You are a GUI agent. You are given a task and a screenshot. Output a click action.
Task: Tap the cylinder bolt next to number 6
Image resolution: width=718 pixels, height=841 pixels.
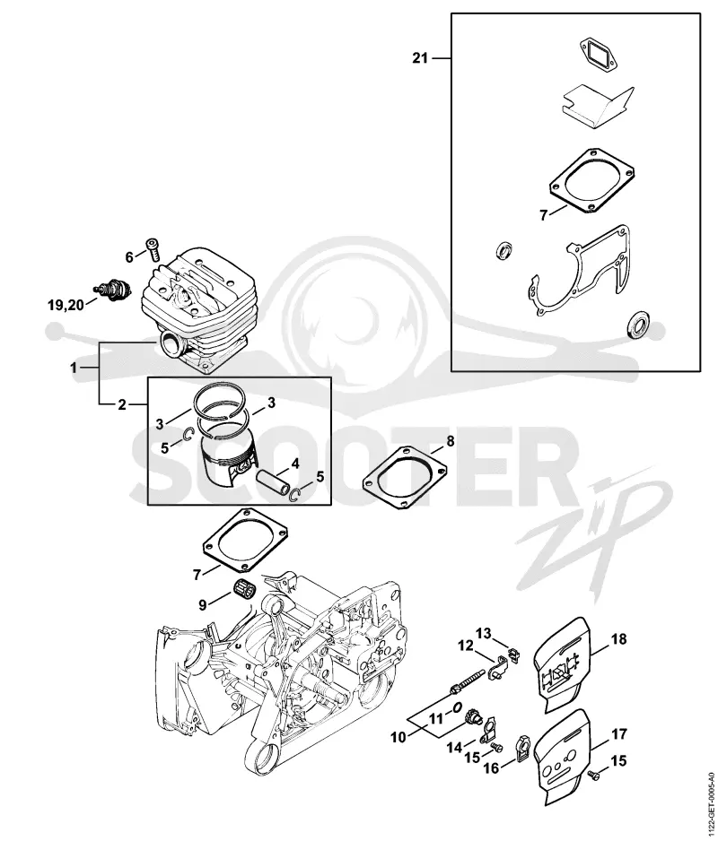tap(152, 249)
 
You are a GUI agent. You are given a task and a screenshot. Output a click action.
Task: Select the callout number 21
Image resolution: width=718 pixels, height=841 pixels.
tap(420, 57)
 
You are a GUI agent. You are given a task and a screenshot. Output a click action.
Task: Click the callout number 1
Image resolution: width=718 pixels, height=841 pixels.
tap(74, 368)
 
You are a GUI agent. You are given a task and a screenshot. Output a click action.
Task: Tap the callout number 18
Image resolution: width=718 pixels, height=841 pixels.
tap(618, 638)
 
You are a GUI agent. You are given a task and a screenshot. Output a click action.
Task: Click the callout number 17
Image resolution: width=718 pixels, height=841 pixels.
tap(618, 733)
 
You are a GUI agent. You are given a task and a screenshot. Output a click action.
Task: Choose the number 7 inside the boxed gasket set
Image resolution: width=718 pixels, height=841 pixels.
tap(544, 215)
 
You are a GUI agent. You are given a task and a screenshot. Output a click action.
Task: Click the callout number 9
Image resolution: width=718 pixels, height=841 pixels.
tap(203, 604)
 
